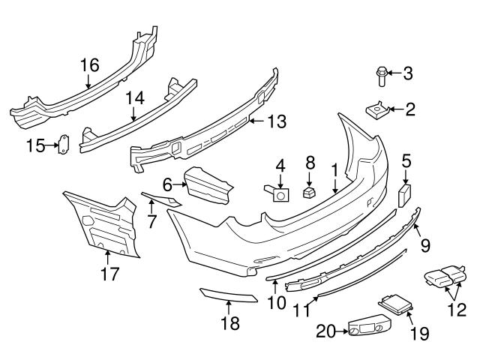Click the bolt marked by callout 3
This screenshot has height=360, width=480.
click(x=380, y=74)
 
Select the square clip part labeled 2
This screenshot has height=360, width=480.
click(x=379, y=109)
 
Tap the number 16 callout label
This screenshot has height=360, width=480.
click(x=89, y=65)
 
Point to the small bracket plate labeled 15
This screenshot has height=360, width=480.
click(x=64, y=145)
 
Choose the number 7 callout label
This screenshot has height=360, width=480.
click(x=151, y=222)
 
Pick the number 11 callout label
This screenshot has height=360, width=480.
click(x=303, y=310)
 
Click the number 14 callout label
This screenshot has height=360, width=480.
click(x=133, y=97)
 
